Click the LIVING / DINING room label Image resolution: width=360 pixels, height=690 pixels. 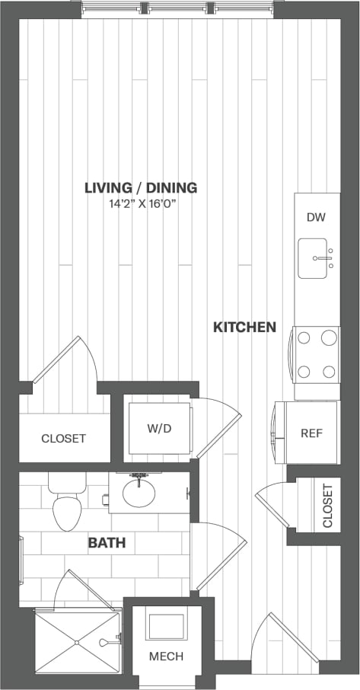coord(141,187)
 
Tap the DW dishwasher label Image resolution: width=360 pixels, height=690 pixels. coord(316,218)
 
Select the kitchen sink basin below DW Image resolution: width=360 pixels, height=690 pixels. coord(315,258)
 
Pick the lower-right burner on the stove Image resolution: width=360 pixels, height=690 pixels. coord(329,372)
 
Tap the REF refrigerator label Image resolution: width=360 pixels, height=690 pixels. coord(312,433)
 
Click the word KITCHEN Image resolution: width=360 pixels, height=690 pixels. coord(244,327)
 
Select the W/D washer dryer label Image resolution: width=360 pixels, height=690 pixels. coord(159,428)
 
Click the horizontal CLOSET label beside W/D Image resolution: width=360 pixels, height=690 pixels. coord(64,439)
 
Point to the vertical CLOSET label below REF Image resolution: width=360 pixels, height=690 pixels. coord(328,506)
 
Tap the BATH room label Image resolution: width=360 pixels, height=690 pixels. coord(107,543)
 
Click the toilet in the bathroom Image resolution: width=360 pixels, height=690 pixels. coord(67,506)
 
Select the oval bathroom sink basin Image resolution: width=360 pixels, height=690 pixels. coord(139,492)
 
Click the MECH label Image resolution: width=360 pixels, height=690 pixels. coord(165,656)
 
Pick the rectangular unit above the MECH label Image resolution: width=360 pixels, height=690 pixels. coord(166,626)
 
